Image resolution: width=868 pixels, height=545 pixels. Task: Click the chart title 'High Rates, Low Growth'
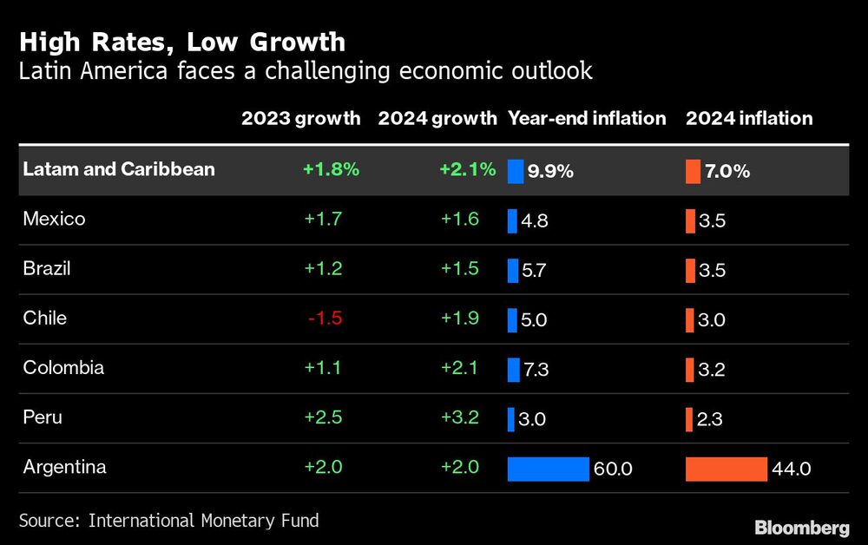pyautogui.click(x=182, y=42)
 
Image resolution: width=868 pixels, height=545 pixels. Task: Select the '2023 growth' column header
pyautogui.click(x=300, y=119)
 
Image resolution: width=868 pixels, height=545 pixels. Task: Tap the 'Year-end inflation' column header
pyautogui.click(x=587, y=119)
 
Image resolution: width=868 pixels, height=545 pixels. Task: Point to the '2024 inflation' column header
pyautogui.click(x=749, y=119)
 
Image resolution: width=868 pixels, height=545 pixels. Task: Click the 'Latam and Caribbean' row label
pyautogui.click(x=119, y=169)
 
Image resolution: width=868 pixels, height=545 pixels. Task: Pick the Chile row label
pyautogui.click(x=45, y=318)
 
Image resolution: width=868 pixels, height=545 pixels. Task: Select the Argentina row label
pyautogui.click(x=65, y=467)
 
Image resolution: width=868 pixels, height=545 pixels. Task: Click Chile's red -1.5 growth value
pyautogui.click(x=325, y=318)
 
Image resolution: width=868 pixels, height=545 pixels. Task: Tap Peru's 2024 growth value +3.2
pyautogui.click(x=459, y=417)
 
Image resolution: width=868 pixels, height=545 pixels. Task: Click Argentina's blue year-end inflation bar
pyautogui.click(x=548, y=469)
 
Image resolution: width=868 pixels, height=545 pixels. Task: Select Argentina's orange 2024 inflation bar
pyautogui.click(x=727, y=469)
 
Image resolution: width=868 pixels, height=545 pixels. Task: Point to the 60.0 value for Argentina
pyautogui.click(x=613, y=469)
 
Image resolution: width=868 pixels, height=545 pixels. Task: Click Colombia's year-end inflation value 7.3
pyautogui.click(x=536, y=370)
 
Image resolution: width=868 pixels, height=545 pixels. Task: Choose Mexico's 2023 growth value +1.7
pyautogui.click(x=323, y=219)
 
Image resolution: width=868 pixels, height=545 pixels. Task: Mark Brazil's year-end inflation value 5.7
pyautogui.click(x=535, y=270)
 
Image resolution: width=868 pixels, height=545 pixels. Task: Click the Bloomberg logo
pyautogui.click(x=801, y=527)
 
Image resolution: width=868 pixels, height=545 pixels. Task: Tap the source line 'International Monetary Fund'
pyautogui.click(x=203, y=521)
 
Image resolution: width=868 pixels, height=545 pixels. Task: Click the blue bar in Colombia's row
pyautogui.click(x=513, y=370)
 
